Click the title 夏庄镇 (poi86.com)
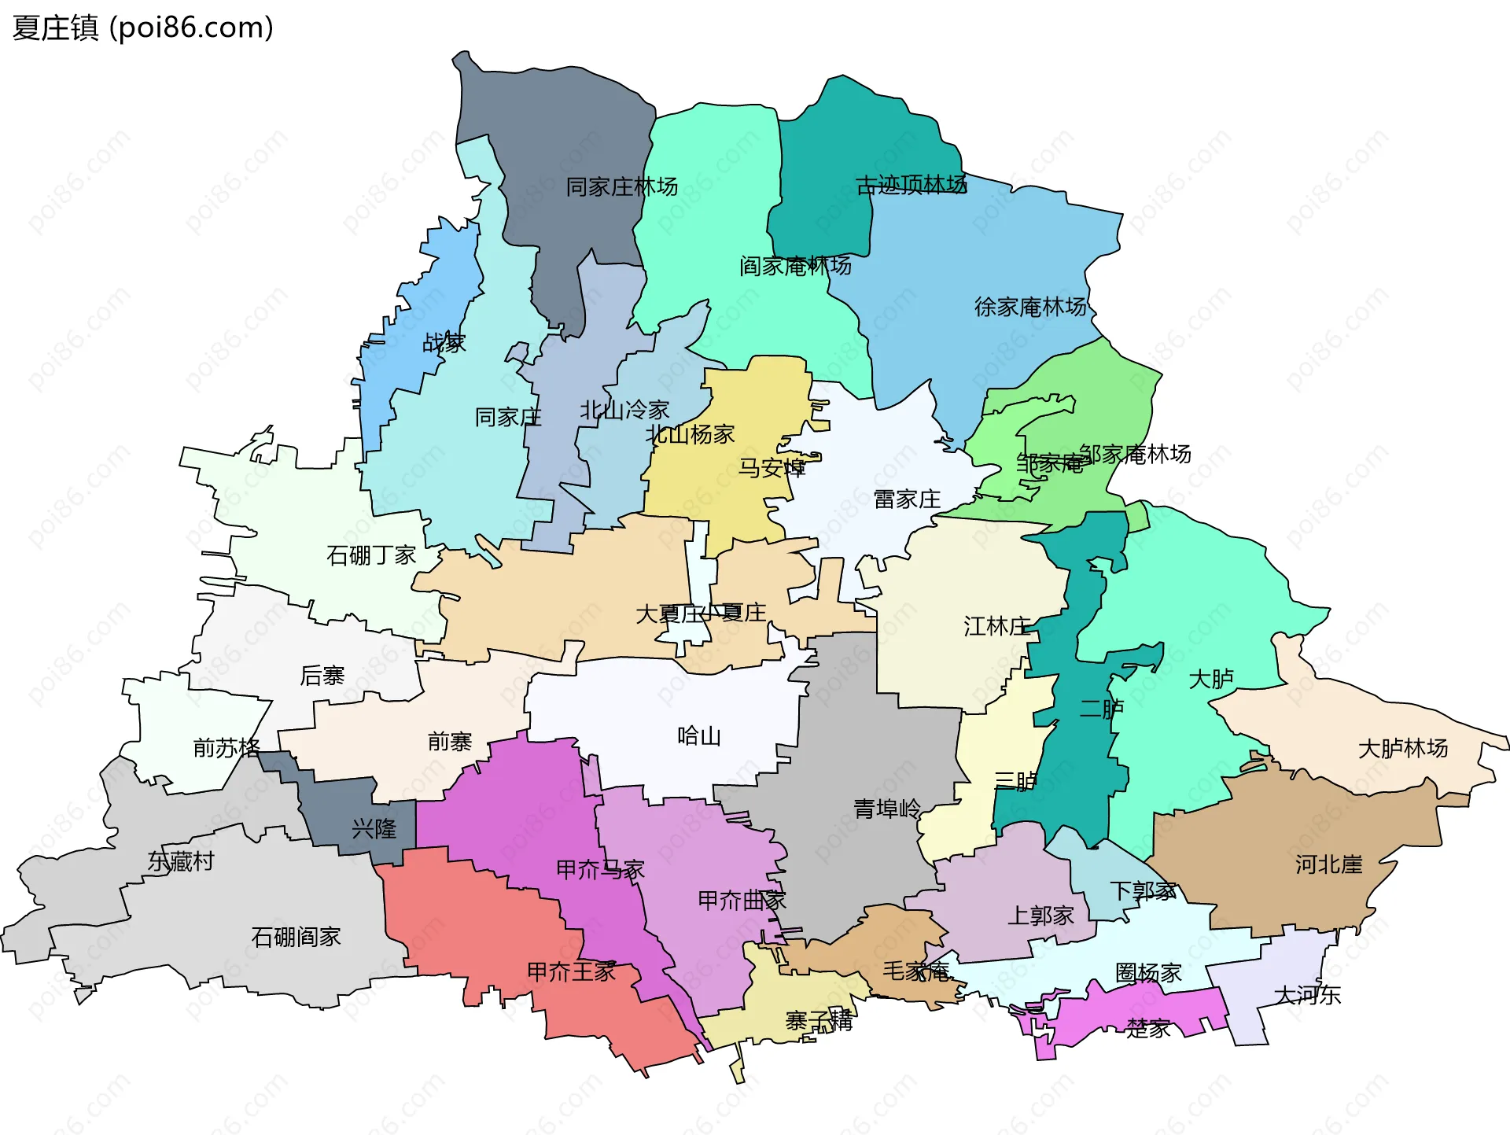coord(143,28)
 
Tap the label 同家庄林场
coord(621,187)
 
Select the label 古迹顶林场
coord(911,186)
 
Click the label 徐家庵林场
coord(1030,307)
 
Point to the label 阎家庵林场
coord(795,266)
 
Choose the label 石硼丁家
coord(371,556)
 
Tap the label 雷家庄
coord(907,499)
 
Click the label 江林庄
coord(996,627)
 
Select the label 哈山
coord(698,736)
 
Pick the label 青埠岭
coord(886,809)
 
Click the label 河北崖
coord(1328,865)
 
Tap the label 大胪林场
coord(1402,748)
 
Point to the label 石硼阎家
coord(296,937)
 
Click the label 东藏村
coord(181,861)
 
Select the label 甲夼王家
coord(571,972)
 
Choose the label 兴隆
coord(374,829)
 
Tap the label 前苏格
coord(226,747)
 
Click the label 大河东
coord(1306,995)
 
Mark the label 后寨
coord(322,676)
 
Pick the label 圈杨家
coord(1148,974)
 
